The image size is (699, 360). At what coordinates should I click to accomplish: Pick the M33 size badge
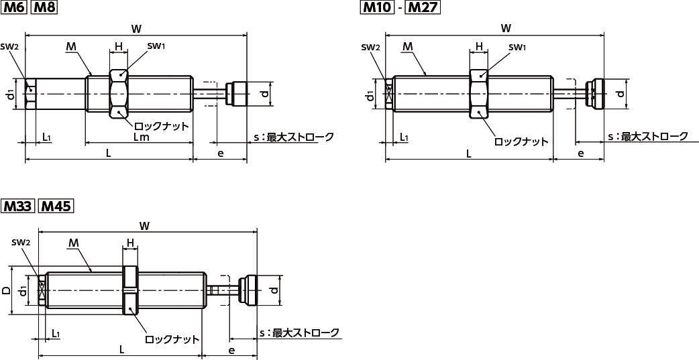(17, 206)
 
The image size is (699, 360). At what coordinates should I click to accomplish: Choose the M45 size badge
(55, 206)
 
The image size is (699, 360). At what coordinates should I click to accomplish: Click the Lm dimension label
(141, 138)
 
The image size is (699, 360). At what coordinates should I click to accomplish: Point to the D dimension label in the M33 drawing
(6, 291)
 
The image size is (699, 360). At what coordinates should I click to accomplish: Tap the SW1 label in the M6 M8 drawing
(156, 46)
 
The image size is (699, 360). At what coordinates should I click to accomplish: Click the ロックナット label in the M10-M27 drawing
(521, 141)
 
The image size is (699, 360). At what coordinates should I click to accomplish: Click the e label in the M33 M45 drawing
(231, 351)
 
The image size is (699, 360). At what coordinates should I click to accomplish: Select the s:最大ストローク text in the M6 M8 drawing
(293, 137)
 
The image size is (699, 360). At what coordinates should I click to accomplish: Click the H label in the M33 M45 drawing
(131, 242)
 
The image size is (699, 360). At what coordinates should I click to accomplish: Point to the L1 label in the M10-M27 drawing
(404, 137)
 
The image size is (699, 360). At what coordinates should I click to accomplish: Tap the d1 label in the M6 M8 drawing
(10, 95)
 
